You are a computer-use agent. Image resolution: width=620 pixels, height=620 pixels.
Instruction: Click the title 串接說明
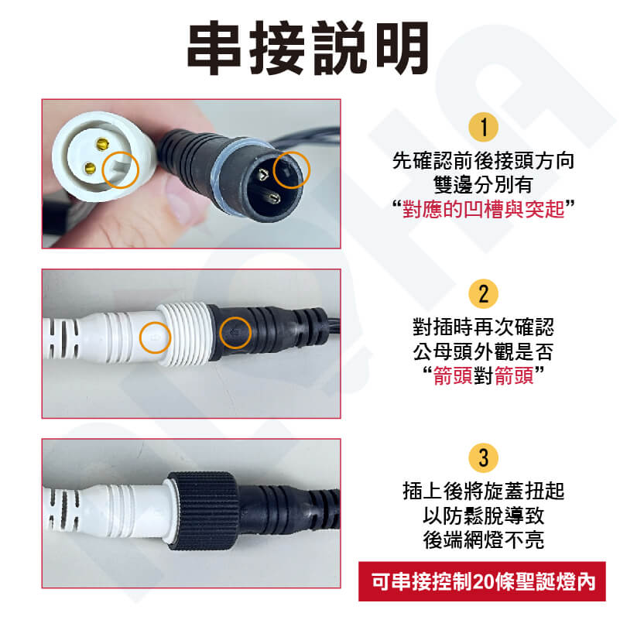pyautogui.click(x=308, y=48)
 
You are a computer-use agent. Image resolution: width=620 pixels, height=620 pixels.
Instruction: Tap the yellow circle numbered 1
pyautogui.click(x=483, y=127)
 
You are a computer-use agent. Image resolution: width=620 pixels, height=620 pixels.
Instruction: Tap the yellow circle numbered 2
pyautogui.click(x=483, y=294)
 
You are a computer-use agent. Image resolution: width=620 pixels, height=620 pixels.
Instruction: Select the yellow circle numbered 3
pyautogui.click(x=483, y=458)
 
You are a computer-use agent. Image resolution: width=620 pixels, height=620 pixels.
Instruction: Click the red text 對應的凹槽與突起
pyautogui.click(x=483, y=209)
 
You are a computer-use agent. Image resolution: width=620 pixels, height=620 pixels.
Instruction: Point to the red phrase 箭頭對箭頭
pyautogui.click(x=483, y=375)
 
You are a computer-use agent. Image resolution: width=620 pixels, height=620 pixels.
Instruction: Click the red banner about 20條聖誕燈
pyautogui.click(x=482, y=581)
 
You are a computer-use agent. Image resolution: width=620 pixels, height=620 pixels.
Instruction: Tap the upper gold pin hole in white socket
pyautogui.click(x=103, y=144)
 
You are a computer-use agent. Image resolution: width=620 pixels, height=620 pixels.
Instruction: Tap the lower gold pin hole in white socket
pyautogui.click(x=90, y=170)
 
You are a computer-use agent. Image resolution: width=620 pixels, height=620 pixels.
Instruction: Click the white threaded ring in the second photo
pyautogui.click(x=185, y=334)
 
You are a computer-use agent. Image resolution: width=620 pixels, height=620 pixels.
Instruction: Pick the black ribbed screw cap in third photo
pyautogui.click(x=203, y=510)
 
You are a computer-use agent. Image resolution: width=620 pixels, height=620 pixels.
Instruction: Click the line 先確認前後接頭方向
pyautogui.click(x=483, y=161)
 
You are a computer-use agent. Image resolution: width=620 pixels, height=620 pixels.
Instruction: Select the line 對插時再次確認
pyautogui.click(x=483, y=327)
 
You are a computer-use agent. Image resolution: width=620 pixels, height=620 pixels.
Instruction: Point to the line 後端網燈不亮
pyautogui.click(x=483, y=540)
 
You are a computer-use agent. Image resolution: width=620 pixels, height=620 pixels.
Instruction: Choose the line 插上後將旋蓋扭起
pyautogui.click(x=483, y=491)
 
